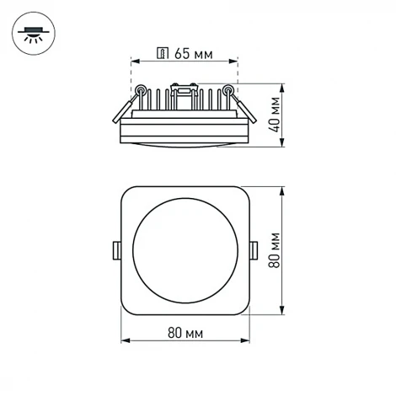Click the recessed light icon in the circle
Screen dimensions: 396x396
tap(34, 36)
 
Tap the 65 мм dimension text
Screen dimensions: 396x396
tap(193, 55)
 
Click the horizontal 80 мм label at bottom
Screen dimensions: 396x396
tap(186, 331)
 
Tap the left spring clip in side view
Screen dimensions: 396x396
tap(124, 106)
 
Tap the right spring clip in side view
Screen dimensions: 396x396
tap(243, 106)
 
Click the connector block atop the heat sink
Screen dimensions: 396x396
tap(184, 87)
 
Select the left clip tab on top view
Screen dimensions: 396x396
tap(115, 249)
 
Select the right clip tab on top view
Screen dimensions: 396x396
tap(254, 249)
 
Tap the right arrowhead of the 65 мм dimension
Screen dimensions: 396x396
tap(236, 62)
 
